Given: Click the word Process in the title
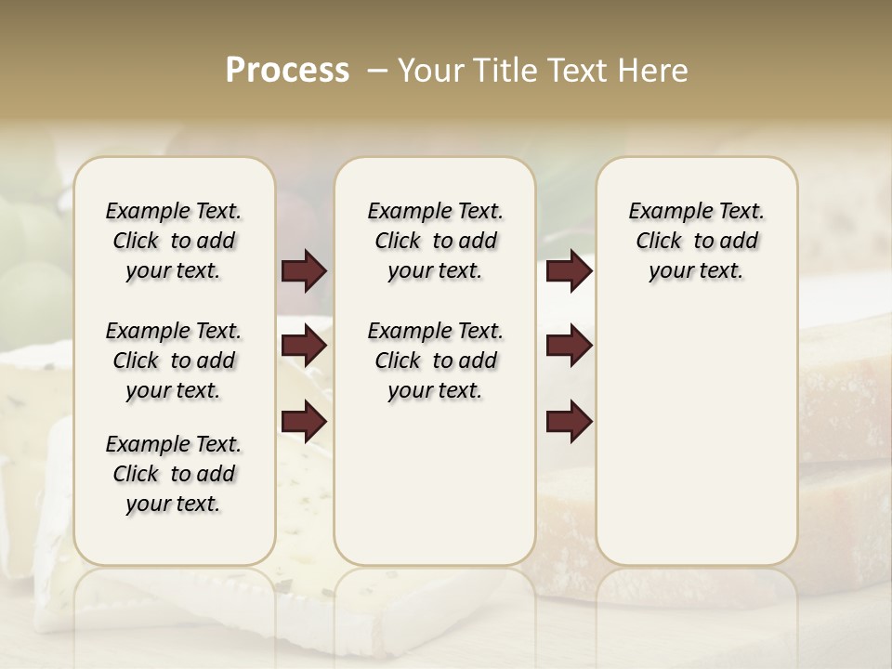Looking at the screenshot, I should click(x=287, y=71).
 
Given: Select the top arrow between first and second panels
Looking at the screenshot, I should click(x=304, y=271).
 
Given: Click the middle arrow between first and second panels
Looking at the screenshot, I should click(x=304, y=347).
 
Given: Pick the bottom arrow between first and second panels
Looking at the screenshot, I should click(x=304, y=422).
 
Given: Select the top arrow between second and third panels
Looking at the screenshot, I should click(x=569, y=271).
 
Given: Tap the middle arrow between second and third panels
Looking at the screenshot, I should click(x=569, y=347).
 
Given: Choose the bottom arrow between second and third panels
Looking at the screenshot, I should click(x=569, y=422).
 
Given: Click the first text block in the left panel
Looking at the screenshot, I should click(x=174, y=241).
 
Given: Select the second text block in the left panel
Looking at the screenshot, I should click(x=174, y=361).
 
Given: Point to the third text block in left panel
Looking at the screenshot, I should click(x=174, y=474).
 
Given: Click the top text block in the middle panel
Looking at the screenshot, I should click(x=435, y=241).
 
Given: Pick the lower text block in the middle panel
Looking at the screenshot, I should click(x=435, y=361).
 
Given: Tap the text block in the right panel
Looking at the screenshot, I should click(x=696, y=241).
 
